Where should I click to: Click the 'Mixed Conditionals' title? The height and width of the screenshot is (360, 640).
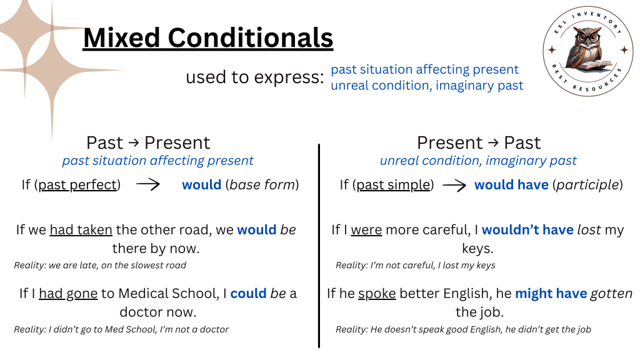[208, 38]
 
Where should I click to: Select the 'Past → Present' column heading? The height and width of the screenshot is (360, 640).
[148, 142]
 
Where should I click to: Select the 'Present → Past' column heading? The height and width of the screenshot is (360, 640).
[478, 142]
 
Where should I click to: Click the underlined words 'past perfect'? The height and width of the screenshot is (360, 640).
[78, 185]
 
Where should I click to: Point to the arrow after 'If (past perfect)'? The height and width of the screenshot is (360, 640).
[149, 185]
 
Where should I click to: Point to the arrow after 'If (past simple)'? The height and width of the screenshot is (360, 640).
[454, 185]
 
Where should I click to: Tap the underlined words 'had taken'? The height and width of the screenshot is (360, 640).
[81, 230]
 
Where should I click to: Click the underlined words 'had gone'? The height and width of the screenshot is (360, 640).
[68, 293]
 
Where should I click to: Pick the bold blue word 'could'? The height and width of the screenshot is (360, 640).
[248, 293]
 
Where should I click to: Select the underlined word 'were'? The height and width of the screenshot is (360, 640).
[366, 230]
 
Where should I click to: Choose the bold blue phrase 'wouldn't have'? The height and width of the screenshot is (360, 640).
[527, 230]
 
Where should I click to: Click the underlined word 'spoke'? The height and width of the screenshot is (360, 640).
[377, 293]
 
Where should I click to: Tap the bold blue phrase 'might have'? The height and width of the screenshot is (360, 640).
[551, 293]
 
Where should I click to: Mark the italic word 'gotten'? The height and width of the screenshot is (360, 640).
[612, 293]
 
